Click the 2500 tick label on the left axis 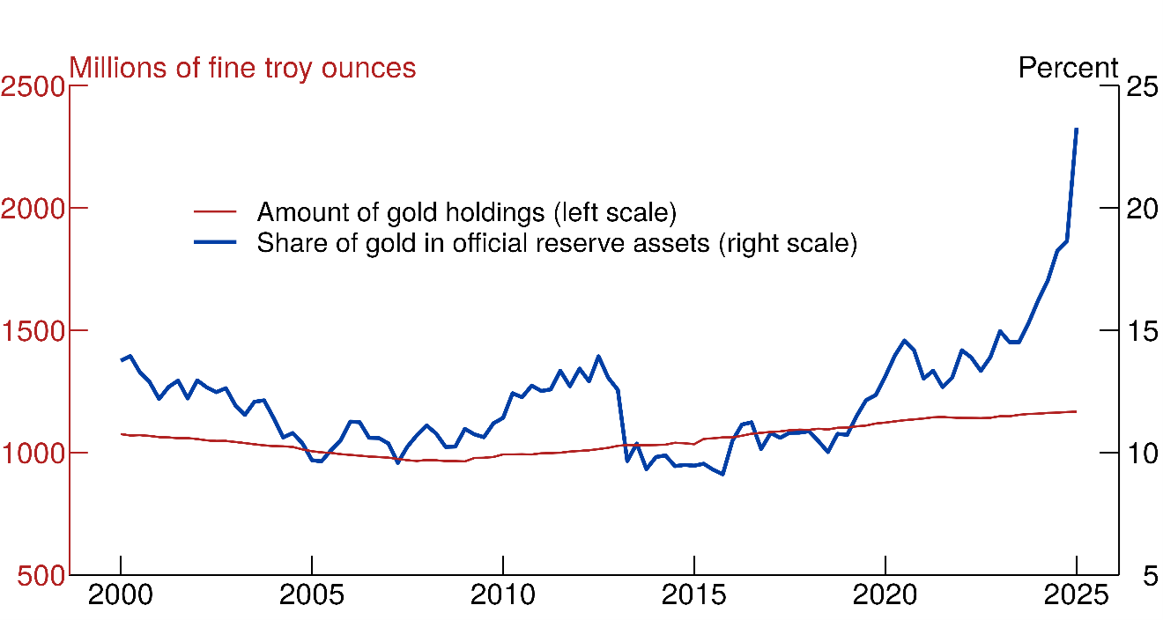(32, 86)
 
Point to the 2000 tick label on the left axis (32, 209)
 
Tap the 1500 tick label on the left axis (32, 331)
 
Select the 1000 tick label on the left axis (32, 454)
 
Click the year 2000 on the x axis (121, 596)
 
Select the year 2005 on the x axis (312, 596)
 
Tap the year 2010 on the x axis (503, 596)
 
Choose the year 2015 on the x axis (694, 596)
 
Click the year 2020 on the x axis (885, 596)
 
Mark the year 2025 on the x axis (1076, 596)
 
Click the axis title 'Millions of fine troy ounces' (242, 68)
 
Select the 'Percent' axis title (1068, 68)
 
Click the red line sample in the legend (216, 212)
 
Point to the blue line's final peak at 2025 (1076, 129)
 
